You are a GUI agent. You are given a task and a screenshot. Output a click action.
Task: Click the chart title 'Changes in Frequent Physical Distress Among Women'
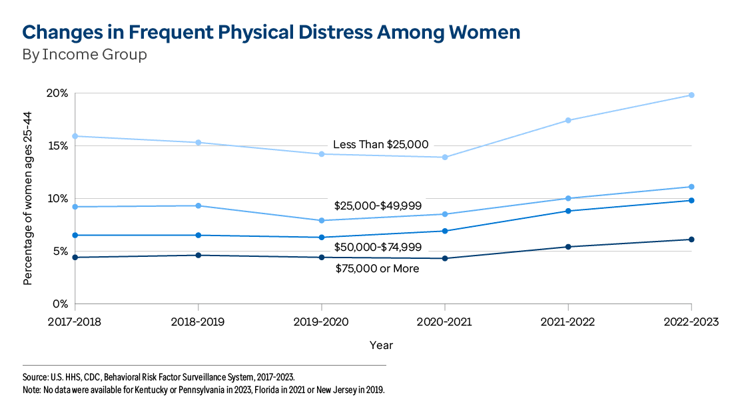[271, 32]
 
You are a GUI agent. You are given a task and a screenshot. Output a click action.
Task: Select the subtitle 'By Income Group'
[85, 55]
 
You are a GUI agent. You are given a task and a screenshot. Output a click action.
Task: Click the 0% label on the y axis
[60, 304]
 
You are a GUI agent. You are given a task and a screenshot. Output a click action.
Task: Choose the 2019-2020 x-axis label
[322, 322]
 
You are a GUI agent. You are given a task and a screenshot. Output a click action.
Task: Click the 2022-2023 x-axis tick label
[691, 322]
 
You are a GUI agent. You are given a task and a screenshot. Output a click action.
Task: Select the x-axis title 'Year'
[382, 346]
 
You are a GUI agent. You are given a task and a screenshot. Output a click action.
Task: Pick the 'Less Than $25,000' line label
[380, 144]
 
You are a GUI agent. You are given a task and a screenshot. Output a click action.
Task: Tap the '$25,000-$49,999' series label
[378, 205]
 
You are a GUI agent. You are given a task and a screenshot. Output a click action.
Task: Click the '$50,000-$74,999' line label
[378, 247]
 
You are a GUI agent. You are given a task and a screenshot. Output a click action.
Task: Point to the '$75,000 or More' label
[377, 268]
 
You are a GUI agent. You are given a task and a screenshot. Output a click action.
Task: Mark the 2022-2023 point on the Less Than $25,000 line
[691, 95]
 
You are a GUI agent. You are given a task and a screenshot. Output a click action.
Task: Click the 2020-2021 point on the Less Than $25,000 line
[445, 157]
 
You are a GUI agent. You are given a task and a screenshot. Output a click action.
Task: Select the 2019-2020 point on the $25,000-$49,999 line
[322, 220]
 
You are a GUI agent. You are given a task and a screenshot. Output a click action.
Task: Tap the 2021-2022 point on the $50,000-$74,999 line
[568, 211]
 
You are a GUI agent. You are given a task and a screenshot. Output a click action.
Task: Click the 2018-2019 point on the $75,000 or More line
[198, 255]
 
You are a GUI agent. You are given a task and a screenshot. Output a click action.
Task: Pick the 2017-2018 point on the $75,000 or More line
[75, 258]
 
